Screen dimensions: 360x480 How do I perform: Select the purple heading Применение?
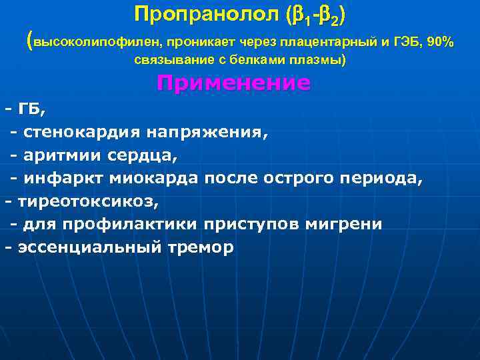click(233, 83)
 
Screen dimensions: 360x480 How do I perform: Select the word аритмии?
click(56, 155)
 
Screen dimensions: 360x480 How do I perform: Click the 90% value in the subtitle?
click(441, 43)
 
